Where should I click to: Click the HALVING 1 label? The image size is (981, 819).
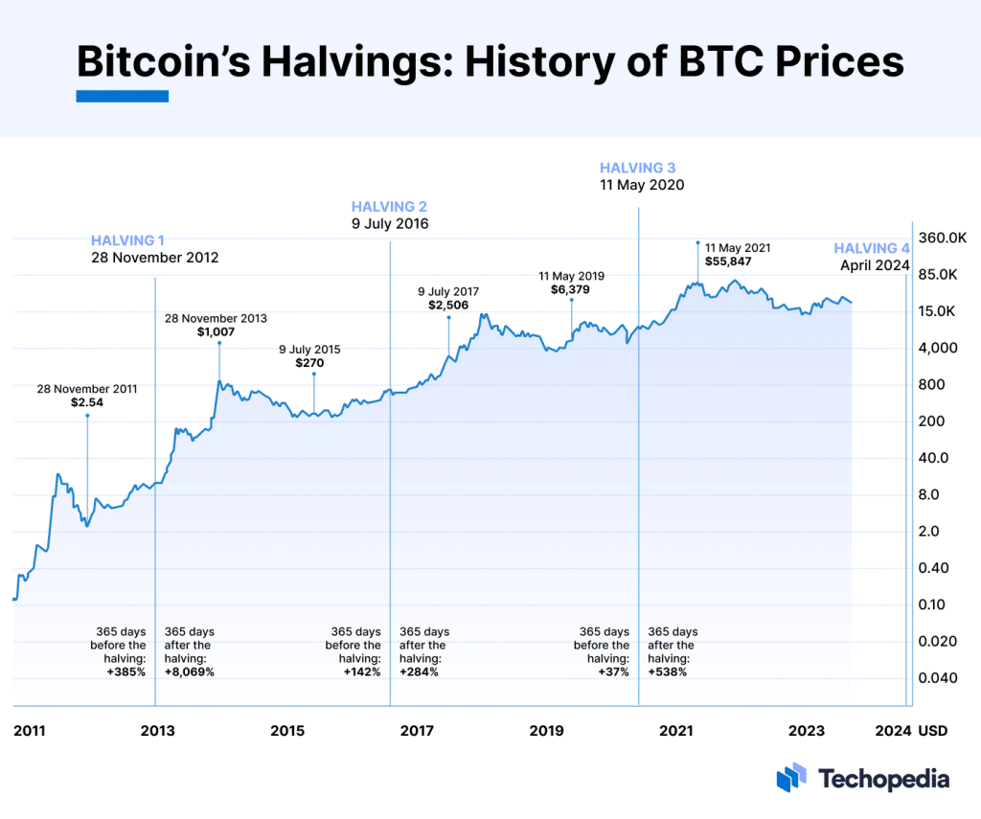127,240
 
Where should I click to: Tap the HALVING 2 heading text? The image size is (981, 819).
389,206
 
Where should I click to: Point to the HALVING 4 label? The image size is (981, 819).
871,248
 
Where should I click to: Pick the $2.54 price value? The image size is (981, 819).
87,403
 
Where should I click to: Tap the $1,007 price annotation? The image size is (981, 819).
216,331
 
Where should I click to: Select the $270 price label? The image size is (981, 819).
309,364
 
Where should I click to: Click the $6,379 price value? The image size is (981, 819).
571,289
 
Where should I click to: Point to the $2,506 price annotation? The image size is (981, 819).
447,305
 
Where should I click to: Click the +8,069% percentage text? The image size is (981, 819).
190,671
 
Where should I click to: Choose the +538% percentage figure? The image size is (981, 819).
668,671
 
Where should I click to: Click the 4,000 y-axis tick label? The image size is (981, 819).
937,348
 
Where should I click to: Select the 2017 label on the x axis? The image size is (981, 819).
416,731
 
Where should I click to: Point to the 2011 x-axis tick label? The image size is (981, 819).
29,731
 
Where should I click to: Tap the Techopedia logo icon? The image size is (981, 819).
791,778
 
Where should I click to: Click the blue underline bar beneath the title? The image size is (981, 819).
122,96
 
